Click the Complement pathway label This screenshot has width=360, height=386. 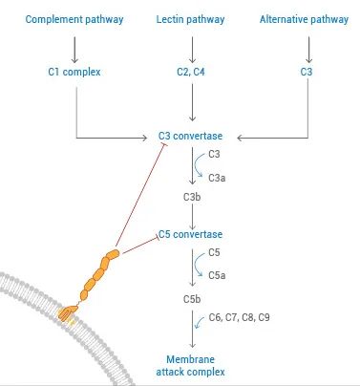pyautogui.click(x=74, y=19)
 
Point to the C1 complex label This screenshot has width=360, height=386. pyautogui.click(x=74, y=72)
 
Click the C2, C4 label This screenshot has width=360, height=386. pyautogui.click(x=193, y=72)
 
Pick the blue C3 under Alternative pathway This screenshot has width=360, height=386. pyautogui.click(x=306, y=72)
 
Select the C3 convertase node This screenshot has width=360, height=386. pyautogui.click(x=191, y=137)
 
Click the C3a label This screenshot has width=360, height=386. pyautogui.click(x=217, y=178)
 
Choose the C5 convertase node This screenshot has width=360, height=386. pyautogui.click(x=191, y=234)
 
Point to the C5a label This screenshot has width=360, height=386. pyautogui.click(x=217, y=274)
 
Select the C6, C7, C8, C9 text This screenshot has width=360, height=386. pyautogui.click(x=239, y=316)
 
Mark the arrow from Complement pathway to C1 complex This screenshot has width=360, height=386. pyautogui.click(x=74, y=45)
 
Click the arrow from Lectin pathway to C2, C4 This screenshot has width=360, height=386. pyautogui.click(x=193, y=45)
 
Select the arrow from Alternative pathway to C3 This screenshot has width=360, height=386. pyautogui.click(x=306, y=45)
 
